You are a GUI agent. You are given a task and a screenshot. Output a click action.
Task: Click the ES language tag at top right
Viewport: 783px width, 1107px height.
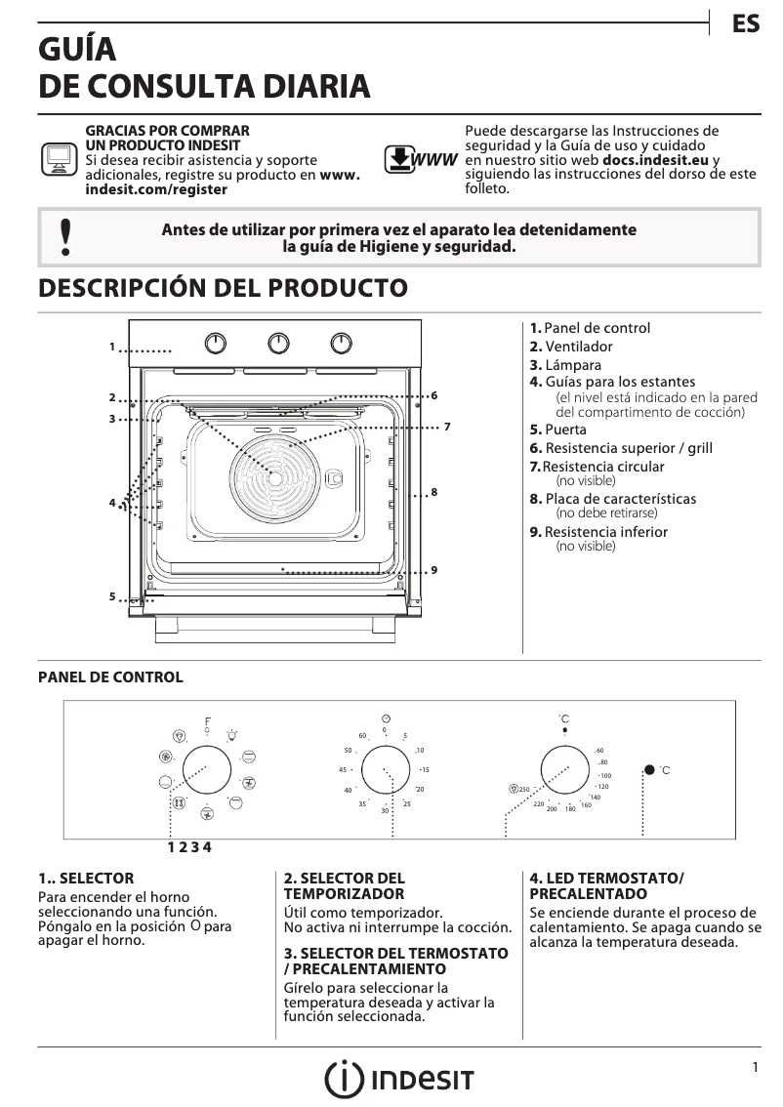[746, 24]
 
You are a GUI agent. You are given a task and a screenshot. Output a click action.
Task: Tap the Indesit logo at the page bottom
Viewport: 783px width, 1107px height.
[399, 1080]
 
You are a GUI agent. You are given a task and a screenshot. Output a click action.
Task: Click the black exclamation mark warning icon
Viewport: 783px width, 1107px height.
[64, 237]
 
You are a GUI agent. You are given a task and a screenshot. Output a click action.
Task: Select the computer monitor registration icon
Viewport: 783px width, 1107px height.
[59, 159]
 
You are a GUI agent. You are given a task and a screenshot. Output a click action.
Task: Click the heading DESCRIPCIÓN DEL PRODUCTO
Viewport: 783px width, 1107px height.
[222, 288]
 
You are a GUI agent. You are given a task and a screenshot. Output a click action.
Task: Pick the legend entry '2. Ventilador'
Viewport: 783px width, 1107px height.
[571, 347]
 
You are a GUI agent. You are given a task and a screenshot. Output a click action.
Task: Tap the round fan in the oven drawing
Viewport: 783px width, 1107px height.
[275, 478]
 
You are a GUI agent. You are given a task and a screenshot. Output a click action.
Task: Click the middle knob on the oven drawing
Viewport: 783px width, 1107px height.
[279, 343]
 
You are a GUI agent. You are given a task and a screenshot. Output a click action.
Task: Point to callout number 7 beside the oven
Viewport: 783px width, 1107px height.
[446, 427]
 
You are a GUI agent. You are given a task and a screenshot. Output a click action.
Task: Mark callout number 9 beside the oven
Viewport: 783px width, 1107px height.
[433, 569]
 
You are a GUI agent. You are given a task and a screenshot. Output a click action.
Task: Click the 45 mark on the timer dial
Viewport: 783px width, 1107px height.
[344, 770]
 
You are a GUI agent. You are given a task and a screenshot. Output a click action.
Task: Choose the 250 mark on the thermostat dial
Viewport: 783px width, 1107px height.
[523, 789]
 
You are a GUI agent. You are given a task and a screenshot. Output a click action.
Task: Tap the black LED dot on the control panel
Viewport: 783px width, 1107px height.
[649, 770]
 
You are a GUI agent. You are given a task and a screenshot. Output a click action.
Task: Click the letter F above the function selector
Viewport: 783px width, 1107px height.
[207, 721]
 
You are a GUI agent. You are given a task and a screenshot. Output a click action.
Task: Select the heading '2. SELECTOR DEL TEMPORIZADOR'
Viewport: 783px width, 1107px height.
[344, 885]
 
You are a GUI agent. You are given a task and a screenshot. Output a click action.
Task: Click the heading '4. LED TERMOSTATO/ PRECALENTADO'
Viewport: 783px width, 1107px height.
[606, 885]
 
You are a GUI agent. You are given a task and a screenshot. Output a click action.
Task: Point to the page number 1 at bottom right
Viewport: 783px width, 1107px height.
[756, 1068]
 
